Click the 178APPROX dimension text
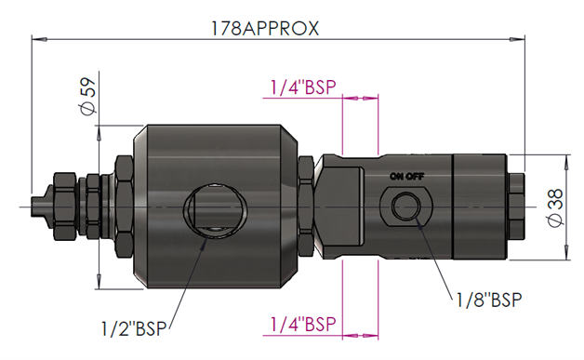[265, 28]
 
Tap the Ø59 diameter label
[88, 96]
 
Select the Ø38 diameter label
[556, 207]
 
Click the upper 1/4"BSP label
[303, 87]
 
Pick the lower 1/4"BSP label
[303, 325]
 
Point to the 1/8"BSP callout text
[489, 300]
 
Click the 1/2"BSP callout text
[134, 328]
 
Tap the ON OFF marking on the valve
[406, 176]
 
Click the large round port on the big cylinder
[214, 210]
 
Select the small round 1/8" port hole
[406, 207]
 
